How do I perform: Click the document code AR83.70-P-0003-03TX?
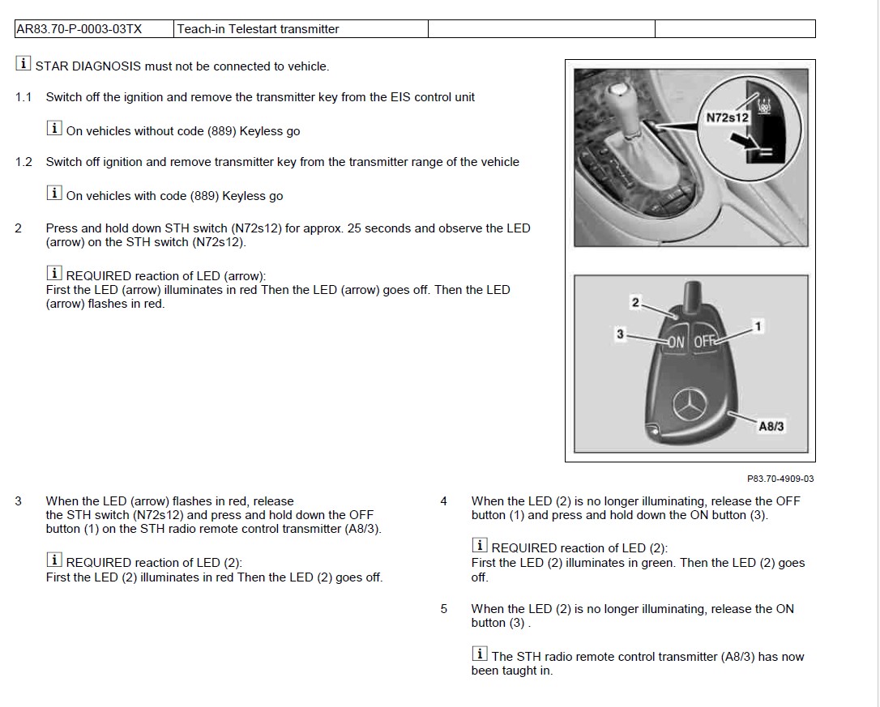tap(79, 29)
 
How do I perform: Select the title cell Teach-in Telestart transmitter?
tap(258, 29)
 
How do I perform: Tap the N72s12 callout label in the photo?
tap(727, 117)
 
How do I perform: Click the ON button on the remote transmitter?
tap(676, 342)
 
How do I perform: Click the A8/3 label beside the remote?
tap(771, 426)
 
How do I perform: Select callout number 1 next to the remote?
tap(758, 326)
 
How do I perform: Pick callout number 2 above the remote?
tap(635, 303)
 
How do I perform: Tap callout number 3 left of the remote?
tap(620, 333)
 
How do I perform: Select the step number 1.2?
tap(23, 162)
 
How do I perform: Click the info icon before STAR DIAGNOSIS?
tap(23, 64)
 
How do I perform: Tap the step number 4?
tap(443, 501)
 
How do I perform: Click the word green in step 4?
tap(656, 563)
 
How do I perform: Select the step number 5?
tap(443, 609)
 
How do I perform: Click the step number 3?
tap(19, 501)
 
